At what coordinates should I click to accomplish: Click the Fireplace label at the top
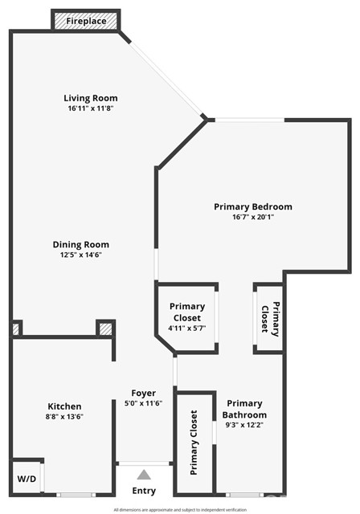[x=86, y=20]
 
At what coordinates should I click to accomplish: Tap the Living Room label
[x=92, y=99]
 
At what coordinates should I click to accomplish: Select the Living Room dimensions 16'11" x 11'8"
[x=92, y=108]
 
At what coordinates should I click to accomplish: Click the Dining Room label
[x=81, y=245]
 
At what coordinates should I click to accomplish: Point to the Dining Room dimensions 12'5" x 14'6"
[x=81, y=255]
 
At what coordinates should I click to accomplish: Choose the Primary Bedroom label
[x=253, y=206]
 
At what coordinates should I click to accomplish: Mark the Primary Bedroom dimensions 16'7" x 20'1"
[x=253, y=216]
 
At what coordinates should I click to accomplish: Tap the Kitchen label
[x=64, y=406]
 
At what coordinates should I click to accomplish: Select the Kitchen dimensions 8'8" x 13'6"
[x=64, y=416]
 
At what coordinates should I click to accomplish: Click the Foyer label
[x=144, y=393]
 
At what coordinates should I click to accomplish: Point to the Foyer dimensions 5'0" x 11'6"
[x=144, y=402]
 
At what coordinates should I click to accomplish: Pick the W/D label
[x=26, y=479]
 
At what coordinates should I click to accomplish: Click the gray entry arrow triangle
[x=144, y=475]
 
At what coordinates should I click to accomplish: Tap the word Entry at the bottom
[x=144, y=491]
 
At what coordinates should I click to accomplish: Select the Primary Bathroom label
[x=244, y=409]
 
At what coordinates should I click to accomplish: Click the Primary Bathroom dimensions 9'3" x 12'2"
[x=244, y=425]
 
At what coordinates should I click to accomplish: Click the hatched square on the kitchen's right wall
[x=105, y=328]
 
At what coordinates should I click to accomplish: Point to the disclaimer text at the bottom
[x=179, y=509]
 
